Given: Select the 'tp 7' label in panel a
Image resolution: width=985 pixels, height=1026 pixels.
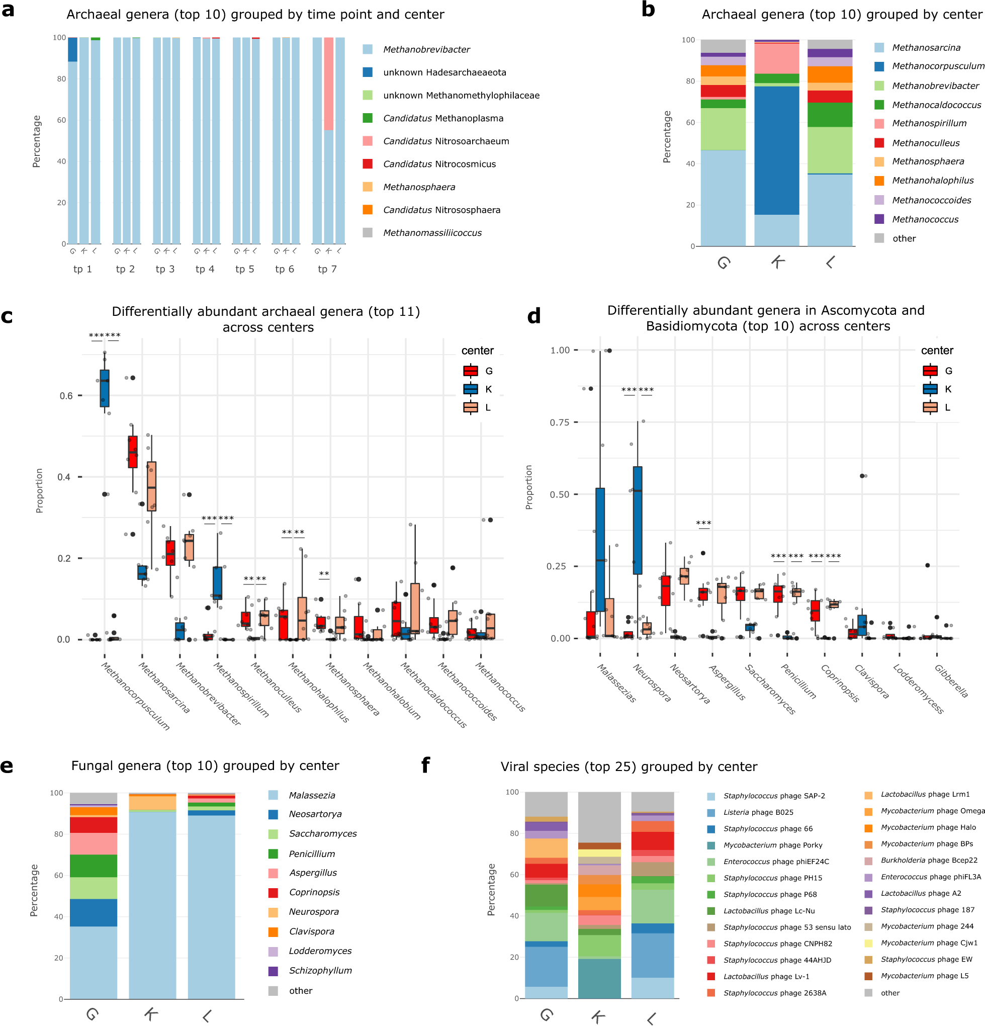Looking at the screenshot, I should (x=327, y=269).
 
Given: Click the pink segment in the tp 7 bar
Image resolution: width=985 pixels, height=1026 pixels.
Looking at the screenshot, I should (x=328, y=84).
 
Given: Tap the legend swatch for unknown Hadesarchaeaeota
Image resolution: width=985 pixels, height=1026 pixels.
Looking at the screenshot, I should (x=368, y=72).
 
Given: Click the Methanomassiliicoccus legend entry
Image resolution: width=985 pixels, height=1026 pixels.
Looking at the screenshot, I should (x=432, y=233).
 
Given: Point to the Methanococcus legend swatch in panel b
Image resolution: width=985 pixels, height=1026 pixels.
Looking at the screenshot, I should (x=879, y=219).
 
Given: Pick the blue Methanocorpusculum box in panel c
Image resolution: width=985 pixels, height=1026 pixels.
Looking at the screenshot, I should (x=105, y=388).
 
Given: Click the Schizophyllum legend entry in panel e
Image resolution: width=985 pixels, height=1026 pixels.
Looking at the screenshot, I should (x=320, y=971).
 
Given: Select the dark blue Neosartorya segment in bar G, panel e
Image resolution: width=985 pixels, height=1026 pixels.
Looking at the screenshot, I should (x=93, y=913).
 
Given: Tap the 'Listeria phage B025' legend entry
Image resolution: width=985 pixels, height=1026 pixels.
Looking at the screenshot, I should (x=758, y=812).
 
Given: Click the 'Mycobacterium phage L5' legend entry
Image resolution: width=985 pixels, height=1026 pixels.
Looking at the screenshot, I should (x=924, y=976).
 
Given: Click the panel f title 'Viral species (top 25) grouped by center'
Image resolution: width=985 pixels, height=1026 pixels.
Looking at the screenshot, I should (x=629, y=767).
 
